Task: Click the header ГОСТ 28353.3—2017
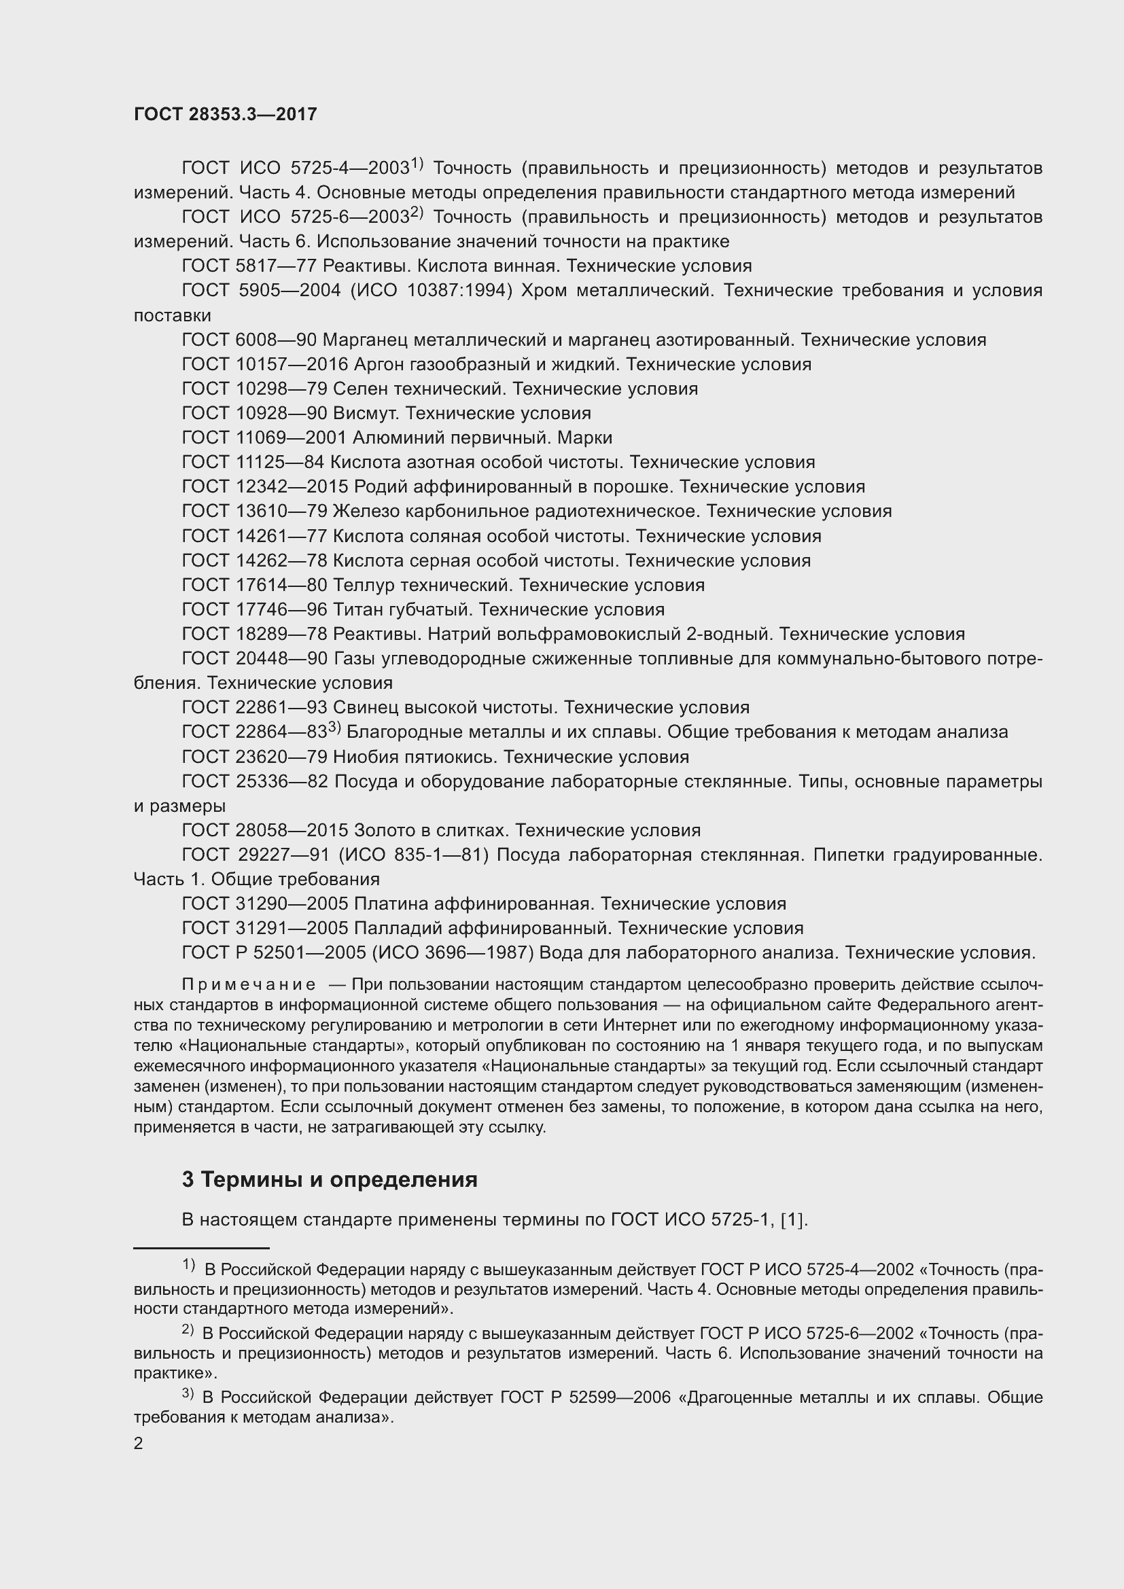point(225,115)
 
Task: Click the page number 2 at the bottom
point(139,1444)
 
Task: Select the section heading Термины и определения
point(339,1179)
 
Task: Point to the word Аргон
point(379,364)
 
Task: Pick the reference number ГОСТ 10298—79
point(255,389)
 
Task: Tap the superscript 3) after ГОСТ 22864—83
point(334,727)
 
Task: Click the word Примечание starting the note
point(249,985)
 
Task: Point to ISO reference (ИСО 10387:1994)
point(432,291)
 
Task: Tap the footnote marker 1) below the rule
point(188,1264)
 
